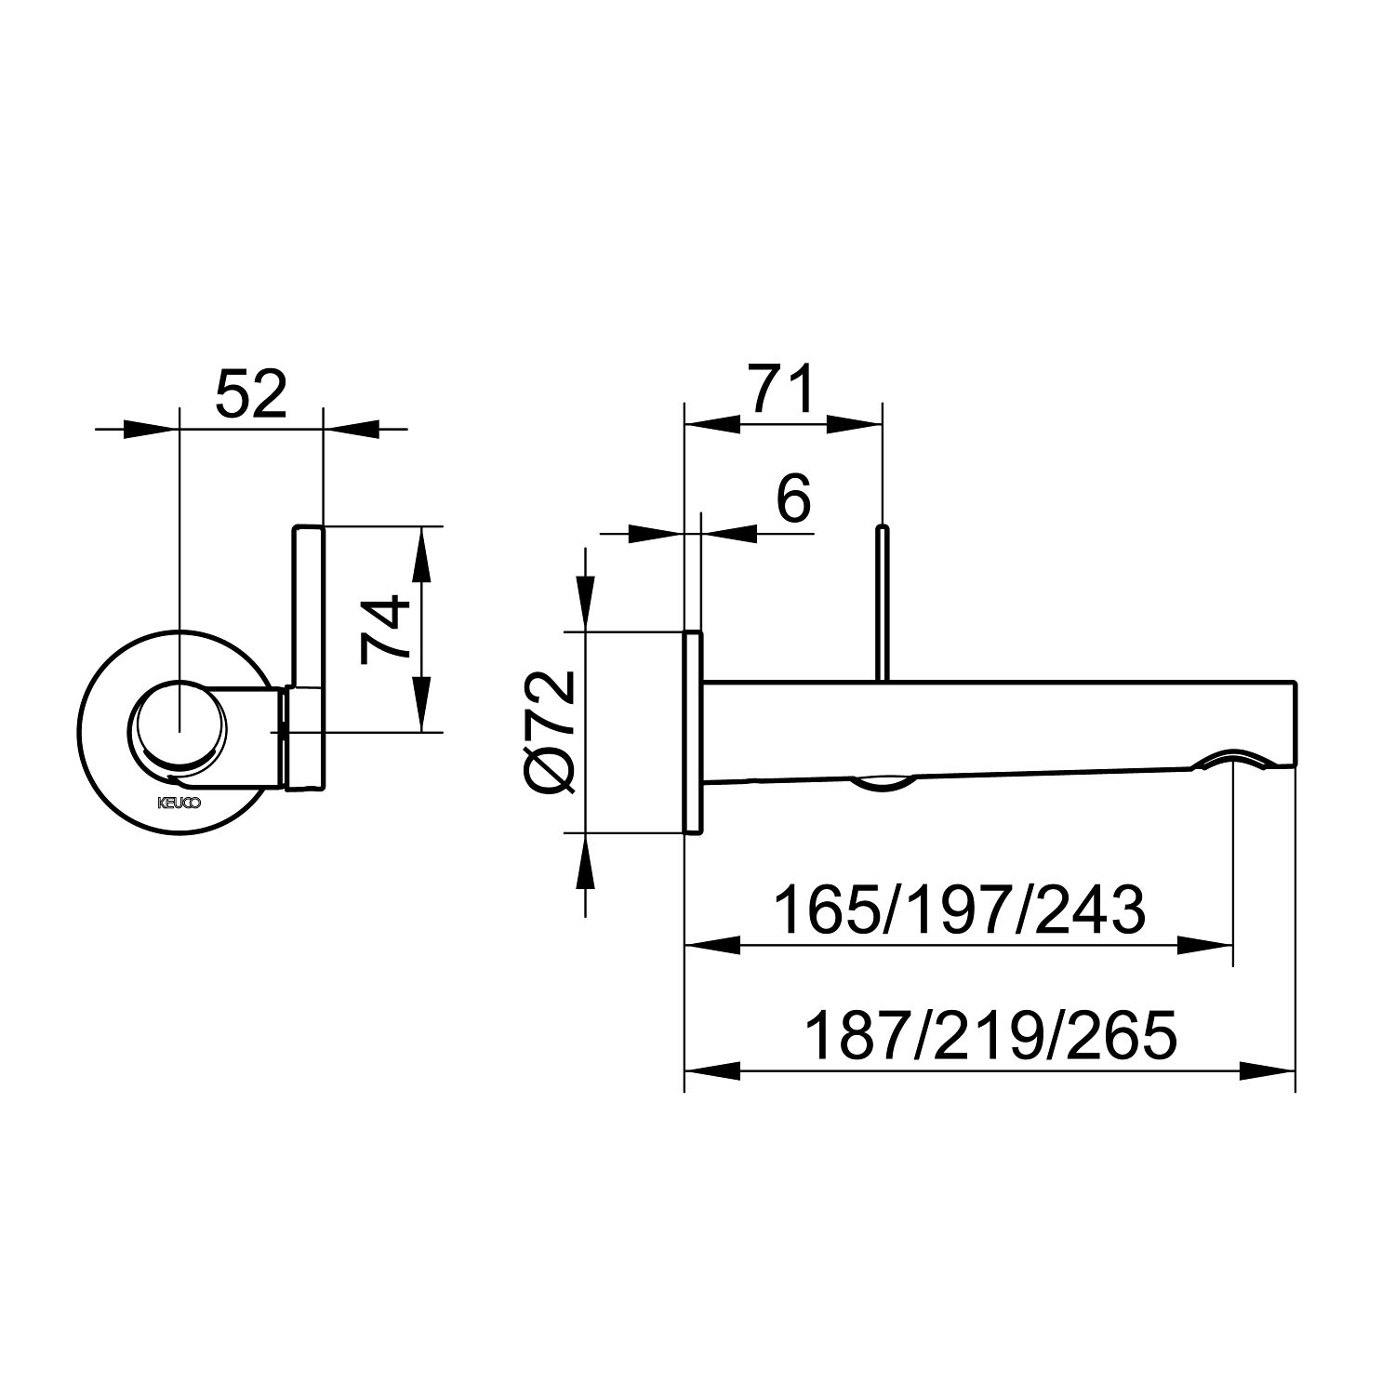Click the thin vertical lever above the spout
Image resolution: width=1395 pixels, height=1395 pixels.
pyautogui.click(x=883, y=603)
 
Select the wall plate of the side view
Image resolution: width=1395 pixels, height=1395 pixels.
pyautogui.click(x=693, y=732)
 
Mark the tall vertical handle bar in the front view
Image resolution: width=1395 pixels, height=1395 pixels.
pyautogui.click(x=308, y=658)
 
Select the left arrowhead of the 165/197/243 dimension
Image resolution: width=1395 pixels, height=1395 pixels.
pyautogui.click(x=712, y=945)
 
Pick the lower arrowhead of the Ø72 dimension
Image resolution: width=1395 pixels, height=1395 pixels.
pyautogui.click(x=584, y=861)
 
